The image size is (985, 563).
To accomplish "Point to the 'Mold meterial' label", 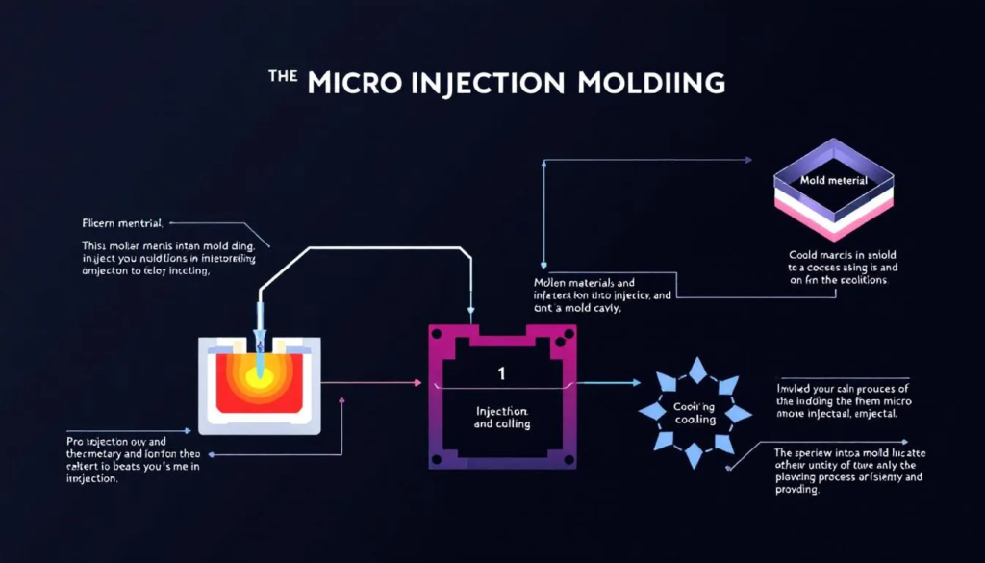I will (834, 180).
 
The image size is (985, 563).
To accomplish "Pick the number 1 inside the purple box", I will (501, 372).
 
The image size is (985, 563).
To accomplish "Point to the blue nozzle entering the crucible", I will (261, 322).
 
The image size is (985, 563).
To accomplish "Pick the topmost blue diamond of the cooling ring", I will (695, 368).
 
